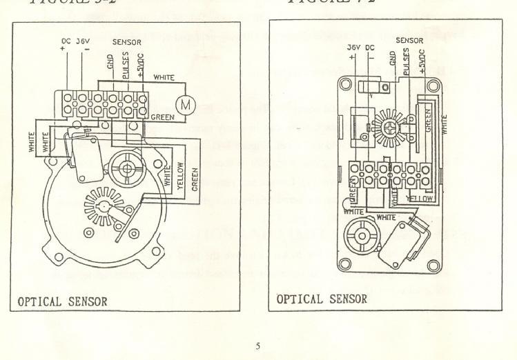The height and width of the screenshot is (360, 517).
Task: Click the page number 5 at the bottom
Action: click(257, 346)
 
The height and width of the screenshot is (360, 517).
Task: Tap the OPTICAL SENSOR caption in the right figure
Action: click(322, 299)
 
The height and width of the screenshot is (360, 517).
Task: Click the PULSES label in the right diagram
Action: click(406, 60)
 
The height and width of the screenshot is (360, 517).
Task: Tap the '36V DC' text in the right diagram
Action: click(360, 47)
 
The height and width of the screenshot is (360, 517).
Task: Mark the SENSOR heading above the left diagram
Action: click(126, 41)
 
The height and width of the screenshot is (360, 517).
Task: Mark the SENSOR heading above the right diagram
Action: click(409, 40)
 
